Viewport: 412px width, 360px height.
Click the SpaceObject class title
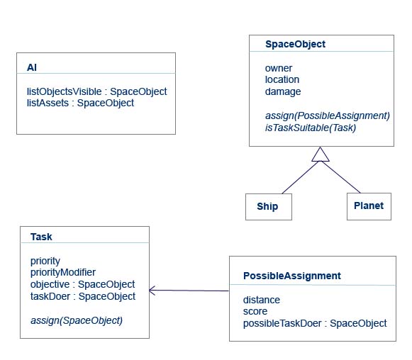[295, 44]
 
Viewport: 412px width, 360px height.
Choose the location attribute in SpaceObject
[282, 79]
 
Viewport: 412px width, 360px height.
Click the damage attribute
[283, 91]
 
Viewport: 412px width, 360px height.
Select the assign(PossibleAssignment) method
[328, 115]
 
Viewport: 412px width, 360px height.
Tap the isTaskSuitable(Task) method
[311, 128]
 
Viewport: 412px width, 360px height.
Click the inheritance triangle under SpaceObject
[321, 154]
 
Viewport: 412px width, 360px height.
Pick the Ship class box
[269, 206]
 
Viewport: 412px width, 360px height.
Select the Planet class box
[368, 206]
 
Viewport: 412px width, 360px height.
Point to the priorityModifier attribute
[63, 272]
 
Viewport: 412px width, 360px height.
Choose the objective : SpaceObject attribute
[82, 284]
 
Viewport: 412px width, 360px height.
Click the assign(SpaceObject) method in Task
[77, 320]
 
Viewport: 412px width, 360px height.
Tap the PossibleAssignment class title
[291, 276]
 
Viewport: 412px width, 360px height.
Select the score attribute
[255, 311]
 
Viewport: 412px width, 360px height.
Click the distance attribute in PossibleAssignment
[262, 299]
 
